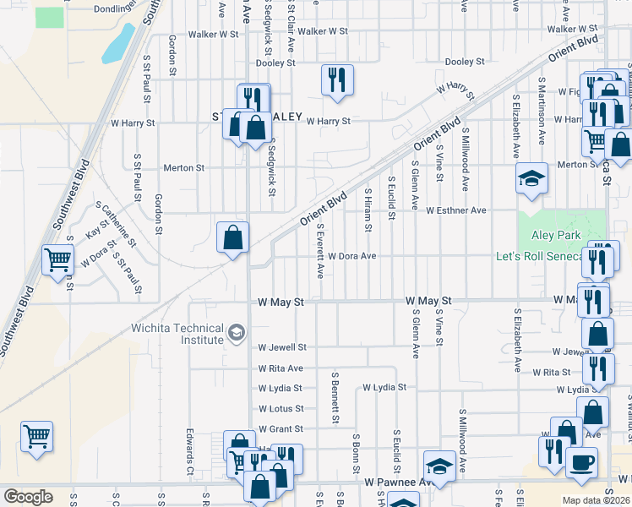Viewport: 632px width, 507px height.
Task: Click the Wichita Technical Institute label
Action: pos(177,335)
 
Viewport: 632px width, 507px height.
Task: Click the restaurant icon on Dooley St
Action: pos(337,80)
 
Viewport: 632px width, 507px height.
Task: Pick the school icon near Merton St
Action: pos(531,178)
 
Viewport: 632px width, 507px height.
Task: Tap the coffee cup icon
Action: pos(581,461)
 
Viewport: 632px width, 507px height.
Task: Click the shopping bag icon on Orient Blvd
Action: pos(232,237)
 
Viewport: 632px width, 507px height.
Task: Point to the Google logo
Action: pos(28,497)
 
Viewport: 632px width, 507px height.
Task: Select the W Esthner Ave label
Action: pos(456,210)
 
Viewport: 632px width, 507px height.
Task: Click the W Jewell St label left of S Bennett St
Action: pos(282,347)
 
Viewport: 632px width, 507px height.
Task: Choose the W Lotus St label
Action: pos(281,409)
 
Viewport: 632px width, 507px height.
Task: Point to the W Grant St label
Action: pos(281,429)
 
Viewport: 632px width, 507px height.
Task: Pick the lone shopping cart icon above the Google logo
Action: pos(36,438)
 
